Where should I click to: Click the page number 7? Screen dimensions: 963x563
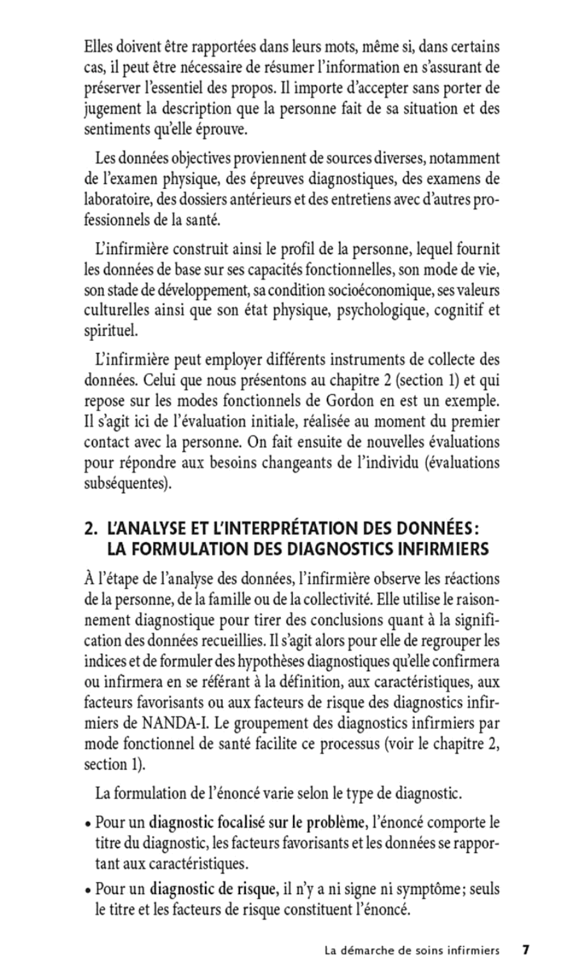(x=527, y=950)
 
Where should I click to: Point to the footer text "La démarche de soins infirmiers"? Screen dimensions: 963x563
(x=411, y=950)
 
